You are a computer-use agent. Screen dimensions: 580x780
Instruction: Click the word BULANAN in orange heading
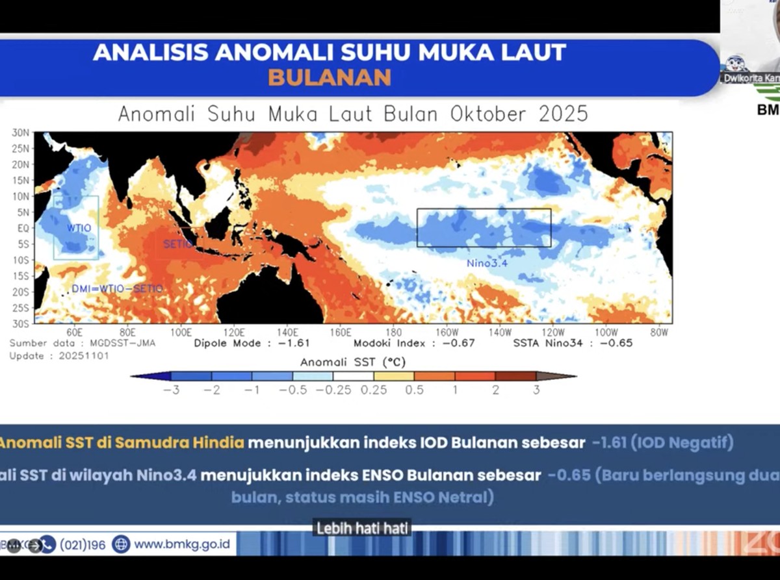tap(330, 77)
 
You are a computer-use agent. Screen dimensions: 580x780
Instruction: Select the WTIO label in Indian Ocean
tap(79, 228)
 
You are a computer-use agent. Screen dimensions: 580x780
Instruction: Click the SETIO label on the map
tap(177, 244)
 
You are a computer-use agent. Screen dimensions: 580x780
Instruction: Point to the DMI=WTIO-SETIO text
tap(117, 288)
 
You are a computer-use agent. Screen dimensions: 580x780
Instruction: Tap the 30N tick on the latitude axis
tap(21, 132)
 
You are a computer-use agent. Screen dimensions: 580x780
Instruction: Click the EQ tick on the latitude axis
tap(23, 228)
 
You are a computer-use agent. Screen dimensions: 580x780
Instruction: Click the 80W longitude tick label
tap(659, 332)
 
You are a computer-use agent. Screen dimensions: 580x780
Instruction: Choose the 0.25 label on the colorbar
tap(374, 390)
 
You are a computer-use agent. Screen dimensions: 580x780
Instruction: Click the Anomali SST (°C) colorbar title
tap(353, 362)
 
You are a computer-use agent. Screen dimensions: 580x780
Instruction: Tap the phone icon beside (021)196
tap(48, 544)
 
